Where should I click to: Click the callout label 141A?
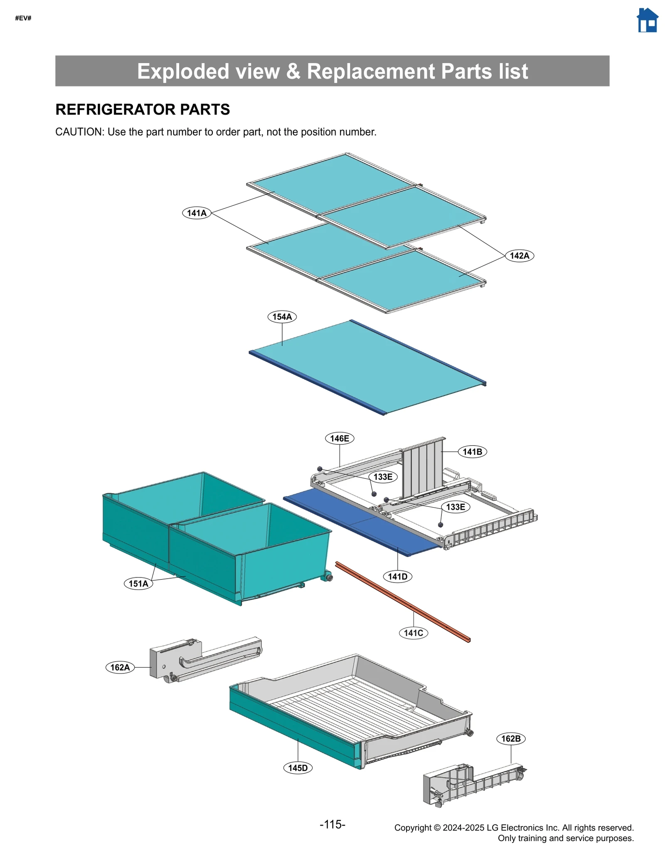[x=197, y=213]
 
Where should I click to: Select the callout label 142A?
[x=519, y=256]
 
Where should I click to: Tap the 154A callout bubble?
[x=282, y=317]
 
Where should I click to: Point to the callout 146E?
[x=339, y=438]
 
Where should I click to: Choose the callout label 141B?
[x=472, y=451]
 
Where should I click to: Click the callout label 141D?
[x=397, y=577]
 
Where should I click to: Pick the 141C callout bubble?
[x=413, y=633]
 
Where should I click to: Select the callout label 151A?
[x=138, y=584]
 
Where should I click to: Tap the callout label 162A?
[x=120, y=667]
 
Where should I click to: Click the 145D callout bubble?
[x=298, y=768]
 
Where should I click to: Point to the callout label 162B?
[x=511, y=739]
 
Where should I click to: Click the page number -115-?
[x=332, y=824]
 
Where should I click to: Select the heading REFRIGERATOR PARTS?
[x=143, y=109]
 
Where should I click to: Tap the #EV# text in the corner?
[x=23, y=18]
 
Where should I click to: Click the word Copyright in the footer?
[x=413, y=828]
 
